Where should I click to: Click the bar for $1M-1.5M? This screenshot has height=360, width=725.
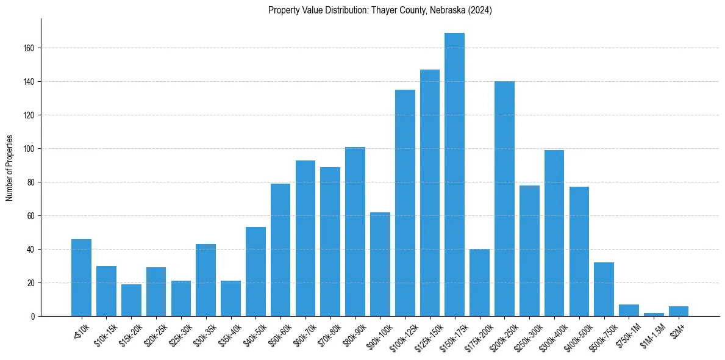click(654, 314)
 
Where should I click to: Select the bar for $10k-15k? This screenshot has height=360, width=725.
click(106, 291)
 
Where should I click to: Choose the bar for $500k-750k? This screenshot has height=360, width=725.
click(604, 289)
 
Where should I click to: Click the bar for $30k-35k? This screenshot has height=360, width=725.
click(205, 280)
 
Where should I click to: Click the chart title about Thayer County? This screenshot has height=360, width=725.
click(380, 10)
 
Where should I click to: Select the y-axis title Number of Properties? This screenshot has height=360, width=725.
click(9, 168)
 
